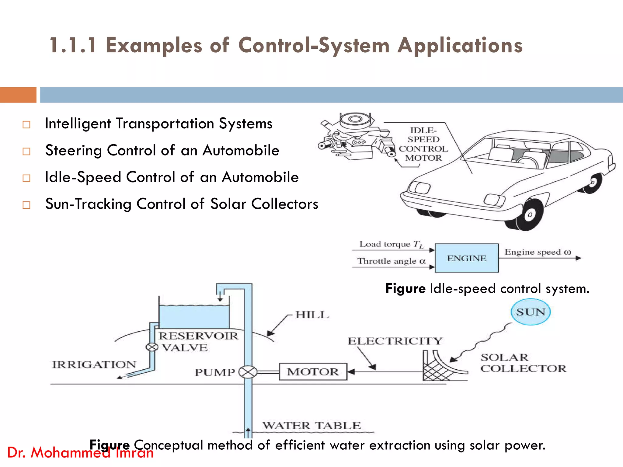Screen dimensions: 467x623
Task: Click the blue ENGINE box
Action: (467, 258)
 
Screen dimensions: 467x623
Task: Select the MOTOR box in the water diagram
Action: (313, 372)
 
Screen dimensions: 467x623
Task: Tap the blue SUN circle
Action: (531, 312)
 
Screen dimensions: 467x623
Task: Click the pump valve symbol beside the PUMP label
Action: (248, 372)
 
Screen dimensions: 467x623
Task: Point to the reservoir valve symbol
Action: (152, 347)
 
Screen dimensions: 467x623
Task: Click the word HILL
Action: (312, 315)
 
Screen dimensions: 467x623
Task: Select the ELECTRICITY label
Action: (395, 341)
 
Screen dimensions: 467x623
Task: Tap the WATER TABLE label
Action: (311, 425)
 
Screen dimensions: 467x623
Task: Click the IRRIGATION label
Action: (94, 364)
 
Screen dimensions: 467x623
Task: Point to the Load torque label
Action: (391, 244)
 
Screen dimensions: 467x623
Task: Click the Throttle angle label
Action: (391, 261)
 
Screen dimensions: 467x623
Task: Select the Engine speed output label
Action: (538, 252)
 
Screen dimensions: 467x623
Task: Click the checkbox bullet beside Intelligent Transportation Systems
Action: (26, 124)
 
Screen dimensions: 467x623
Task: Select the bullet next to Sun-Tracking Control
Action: (26, 205)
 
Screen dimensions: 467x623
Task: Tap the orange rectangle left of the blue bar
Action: (18, 95)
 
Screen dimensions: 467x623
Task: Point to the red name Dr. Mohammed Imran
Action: (80, 453)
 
